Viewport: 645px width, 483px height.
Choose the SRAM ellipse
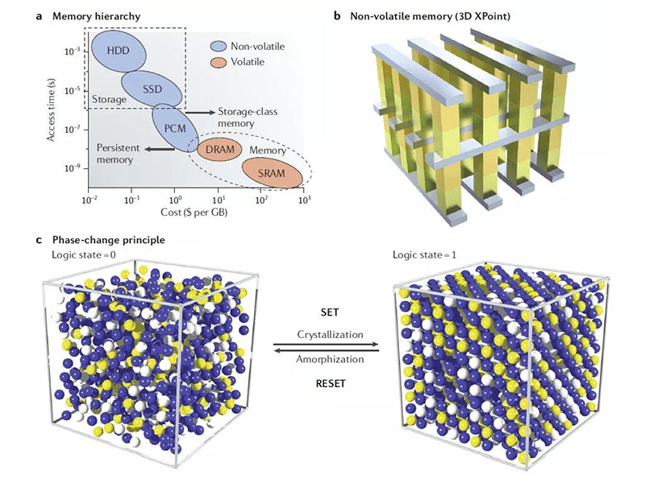tap(275, 171)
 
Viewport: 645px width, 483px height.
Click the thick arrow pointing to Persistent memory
tap(173, 149)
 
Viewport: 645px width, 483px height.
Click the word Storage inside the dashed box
tap(108, 100)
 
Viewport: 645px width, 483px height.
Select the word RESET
tap(330, 384)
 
